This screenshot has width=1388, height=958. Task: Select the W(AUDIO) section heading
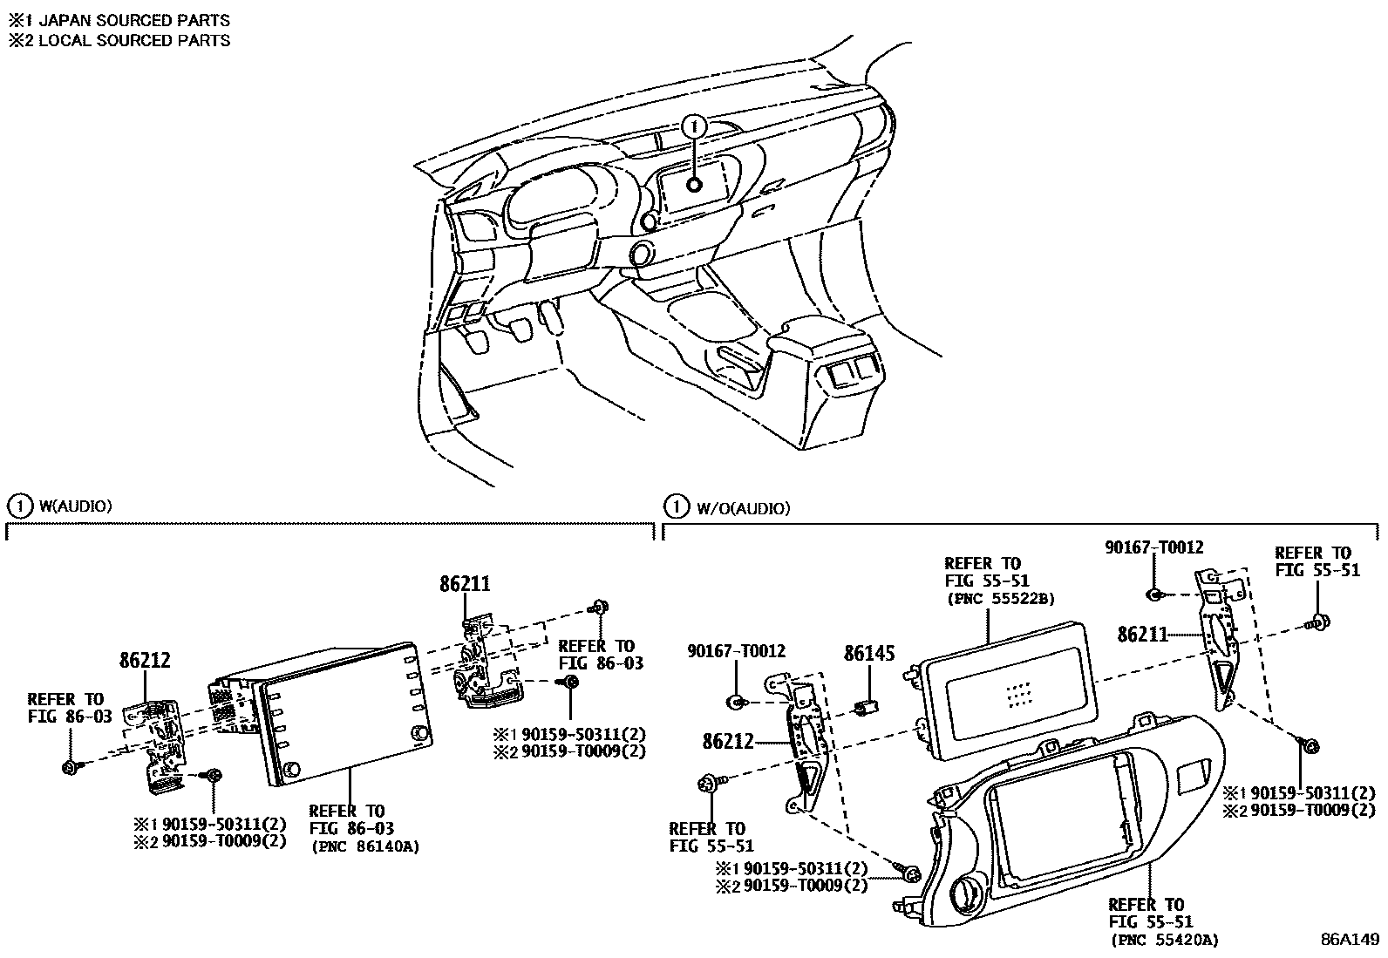coord(75,506)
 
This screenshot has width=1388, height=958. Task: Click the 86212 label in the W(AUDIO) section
coord(145,661)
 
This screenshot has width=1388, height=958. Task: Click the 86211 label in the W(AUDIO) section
coord(465,585)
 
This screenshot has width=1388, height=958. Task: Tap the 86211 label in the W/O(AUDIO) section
coord(1143,635)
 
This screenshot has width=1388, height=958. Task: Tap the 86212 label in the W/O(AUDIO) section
coord(729,742)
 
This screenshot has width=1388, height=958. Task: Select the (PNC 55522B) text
coord(988,599)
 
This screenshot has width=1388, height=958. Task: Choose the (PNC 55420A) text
coord(1164,940)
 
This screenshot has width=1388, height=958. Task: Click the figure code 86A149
coord(1349,940)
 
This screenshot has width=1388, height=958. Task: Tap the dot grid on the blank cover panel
coord(1017,693)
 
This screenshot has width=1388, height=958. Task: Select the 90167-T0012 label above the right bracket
coord(1153,547)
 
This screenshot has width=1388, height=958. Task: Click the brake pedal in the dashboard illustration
coord(520,329)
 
